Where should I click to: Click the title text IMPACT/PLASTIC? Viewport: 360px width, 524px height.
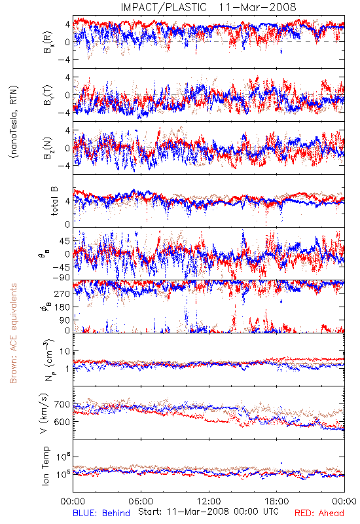[164, 7]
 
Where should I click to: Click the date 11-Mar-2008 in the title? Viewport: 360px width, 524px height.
[257, 7]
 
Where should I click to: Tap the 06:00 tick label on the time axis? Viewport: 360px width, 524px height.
[141, 501]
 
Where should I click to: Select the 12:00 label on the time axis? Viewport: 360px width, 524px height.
[209, 501]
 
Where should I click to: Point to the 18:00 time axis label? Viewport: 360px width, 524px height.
[277, 501]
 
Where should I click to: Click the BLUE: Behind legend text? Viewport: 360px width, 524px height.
[101, 513]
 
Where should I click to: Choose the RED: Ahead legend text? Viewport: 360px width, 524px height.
[319, 513]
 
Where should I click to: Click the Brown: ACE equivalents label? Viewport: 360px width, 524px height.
[13, 333]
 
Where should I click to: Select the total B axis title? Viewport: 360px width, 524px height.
[54, 201]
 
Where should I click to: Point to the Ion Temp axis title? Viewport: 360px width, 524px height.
[45, 466]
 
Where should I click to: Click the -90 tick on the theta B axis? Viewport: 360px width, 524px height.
[62, 277]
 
